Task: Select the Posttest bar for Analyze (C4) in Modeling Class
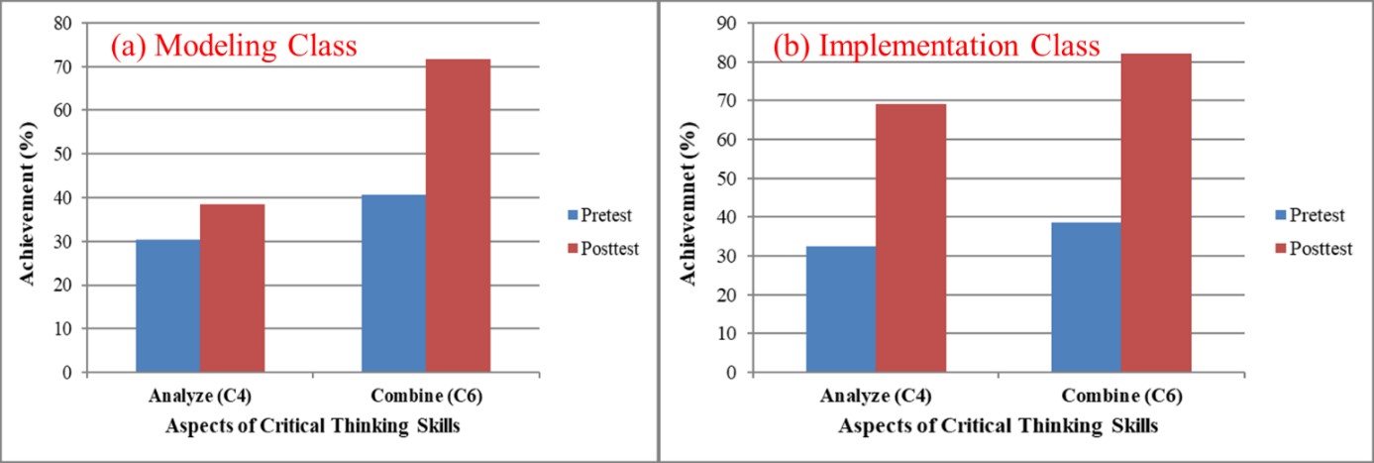click(232, 289)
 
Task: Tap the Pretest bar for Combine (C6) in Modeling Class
click(393, 284)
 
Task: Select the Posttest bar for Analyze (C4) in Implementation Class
click(910, 238)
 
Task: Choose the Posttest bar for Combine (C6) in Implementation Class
click(1155, 213)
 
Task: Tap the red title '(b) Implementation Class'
click(936, 47)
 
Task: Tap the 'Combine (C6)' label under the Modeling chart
click(426, 397)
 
